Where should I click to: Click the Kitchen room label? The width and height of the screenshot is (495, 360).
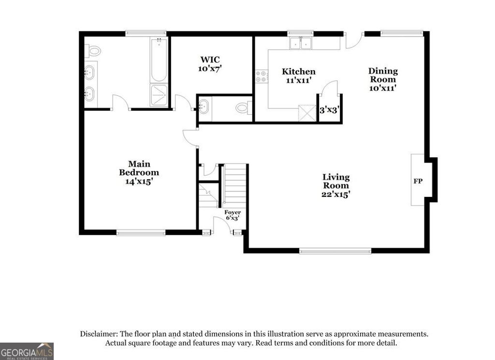[x=299, y=75]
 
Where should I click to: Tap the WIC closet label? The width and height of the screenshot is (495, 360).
[x=210, y=64]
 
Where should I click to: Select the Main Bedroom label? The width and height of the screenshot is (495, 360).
[x=139, y=172]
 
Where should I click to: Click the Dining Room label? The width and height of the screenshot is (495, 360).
[x=383, y=79]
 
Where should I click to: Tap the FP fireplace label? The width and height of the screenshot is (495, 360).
[x=418, y=181]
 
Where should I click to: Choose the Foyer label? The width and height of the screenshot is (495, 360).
[x=233, y=215]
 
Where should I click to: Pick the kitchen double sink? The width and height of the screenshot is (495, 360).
[x=301, y=43]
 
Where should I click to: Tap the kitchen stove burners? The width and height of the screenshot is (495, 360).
[x=261, y=76]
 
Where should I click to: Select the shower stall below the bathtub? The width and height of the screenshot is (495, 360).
[x=159, y=95]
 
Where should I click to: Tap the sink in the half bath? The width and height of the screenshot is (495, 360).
[x=204, y=106]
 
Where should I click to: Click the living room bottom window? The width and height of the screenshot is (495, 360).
[x=335, y=251]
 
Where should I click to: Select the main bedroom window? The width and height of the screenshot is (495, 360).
[x=141, y=233]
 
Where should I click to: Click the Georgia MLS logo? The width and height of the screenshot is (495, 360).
[x=27, y=351]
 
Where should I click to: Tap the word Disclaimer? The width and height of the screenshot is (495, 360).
[x=99, y=334]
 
